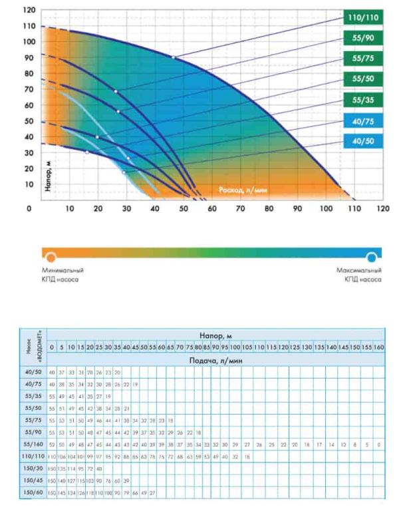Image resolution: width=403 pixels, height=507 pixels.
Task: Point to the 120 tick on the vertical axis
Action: click(x=29, y=11)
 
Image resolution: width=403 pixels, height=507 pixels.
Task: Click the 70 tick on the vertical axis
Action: click(x=29, y=90)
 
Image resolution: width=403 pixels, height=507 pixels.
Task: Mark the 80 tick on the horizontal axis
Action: click(x=269, y=208)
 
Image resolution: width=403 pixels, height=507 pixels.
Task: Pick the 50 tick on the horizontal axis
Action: click(x=184, y=208)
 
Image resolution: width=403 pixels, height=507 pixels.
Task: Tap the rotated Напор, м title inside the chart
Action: click(x=49, y=175)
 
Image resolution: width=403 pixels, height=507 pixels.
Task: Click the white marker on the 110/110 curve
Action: click(x=174, y=58)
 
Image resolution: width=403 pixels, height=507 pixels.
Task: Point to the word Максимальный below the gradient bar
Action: click(x=361, y=271)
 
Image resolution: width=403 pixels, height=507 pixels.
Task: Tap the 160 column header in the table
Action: click(x=378, y=348)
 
